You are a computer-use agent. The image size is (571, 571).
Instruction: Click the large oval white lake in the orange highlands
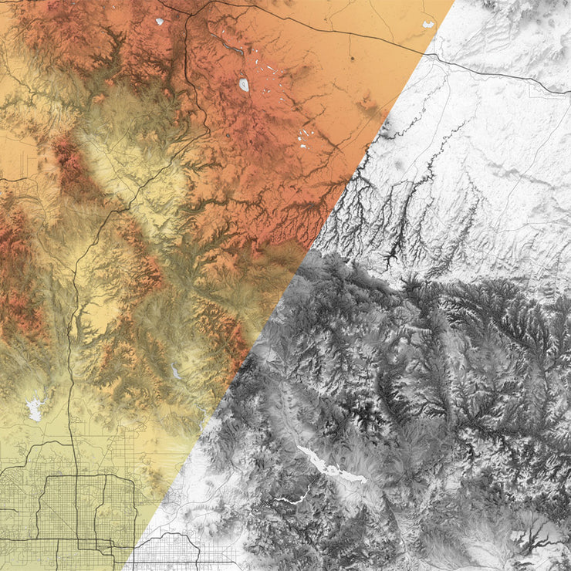tap(244, 84)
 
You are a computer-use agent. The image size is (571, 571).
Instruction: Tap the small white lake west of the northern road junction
tap(160, 22)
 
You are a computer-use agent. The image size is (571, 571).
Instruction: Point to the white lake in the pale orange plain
tap(427, 24)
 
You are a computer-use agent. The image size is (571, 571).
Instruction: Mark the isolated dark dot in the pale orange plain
tap(352, 58)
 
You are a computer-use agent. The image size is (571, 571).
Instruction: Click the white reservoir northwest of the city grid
tap(35, 407)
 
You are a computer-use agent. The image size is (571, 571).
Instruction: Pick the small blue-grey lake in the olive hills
tap(176, 372)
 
